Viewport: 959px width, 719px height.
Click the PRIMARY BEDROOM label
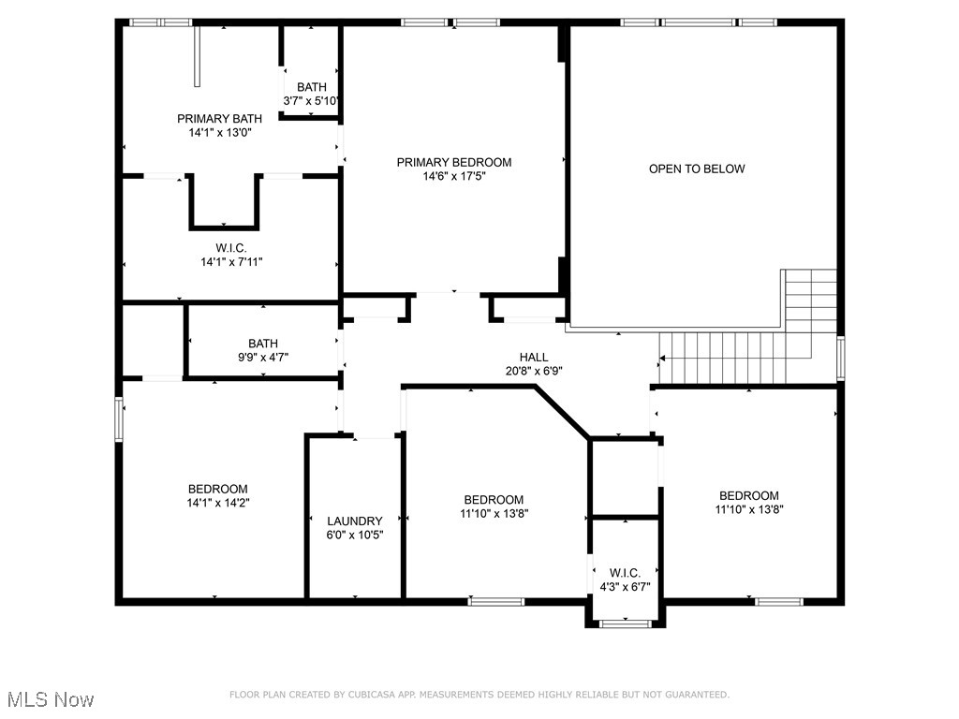(x=453, y=162)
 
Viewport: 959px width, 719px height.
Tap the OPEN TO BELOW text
(x=697, y=169)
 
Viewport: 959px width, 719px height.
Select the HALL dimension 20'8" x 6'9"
(x=534, y=370)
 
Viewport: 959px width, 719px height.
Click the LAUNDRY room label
(x=354, y=521)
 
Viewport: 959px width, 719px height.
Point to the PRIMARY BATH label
(x=219, y=119)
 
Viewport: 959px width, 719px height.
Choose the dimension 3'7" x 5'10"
(x=311, y=100)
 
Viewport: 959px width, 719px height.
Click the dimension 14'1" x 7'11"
(x=230, y=262)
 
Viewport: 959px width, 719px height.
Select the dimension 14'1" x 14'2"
(x=217, y=503)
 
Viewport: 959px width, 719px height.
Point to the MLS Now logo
(x=51, y=699)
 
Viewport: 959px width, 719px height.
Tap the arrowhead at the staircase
(x=662, y=358)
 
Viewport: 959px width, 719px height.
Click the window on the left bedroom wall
(x=119, y=418)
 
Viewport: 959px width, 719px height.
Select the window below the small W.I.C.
(x=625, y=623)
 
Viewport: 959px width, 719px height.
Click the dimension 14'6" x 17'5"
(x=453, y=175)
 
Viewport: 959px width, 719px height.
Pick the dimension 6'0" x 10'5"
(x=354, y=535)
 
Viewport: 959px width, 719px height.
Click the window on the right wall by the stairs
(x=840, y=358)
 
